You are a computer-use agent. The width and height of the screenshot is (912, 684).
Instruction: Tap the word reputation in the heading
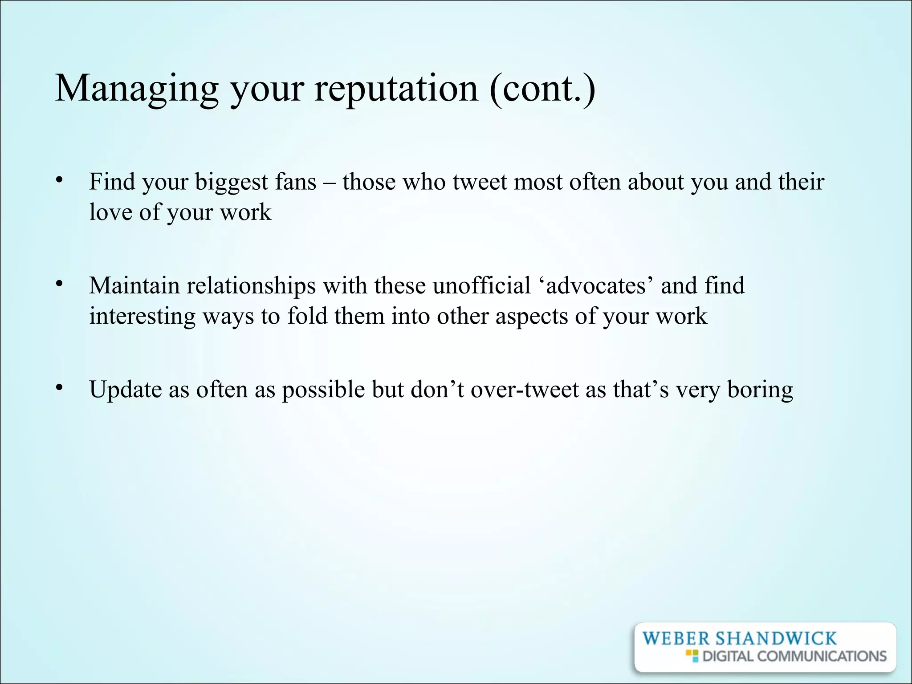click(x=396, y=89)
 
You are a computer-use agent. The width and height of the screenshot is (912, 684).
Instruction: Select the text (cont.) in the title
click(x=542, y=89)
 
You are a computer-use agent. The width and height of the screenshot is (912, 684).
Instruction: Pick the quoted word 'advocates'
click(x=596, y=286)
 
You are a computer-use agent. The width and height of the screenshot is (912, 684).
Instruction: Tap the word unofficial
click(x=481, y=285)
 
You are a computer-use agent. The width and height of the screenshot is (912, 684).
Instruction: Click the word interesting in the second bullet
click(x=142, y=317)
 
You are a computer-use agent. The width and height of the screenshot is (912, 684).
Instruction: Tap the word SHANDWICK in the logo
click(x=776, y=639)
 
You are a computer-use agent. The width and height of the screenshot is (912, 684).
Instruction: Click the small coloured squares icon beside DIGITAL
click(x=692, y=655)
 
